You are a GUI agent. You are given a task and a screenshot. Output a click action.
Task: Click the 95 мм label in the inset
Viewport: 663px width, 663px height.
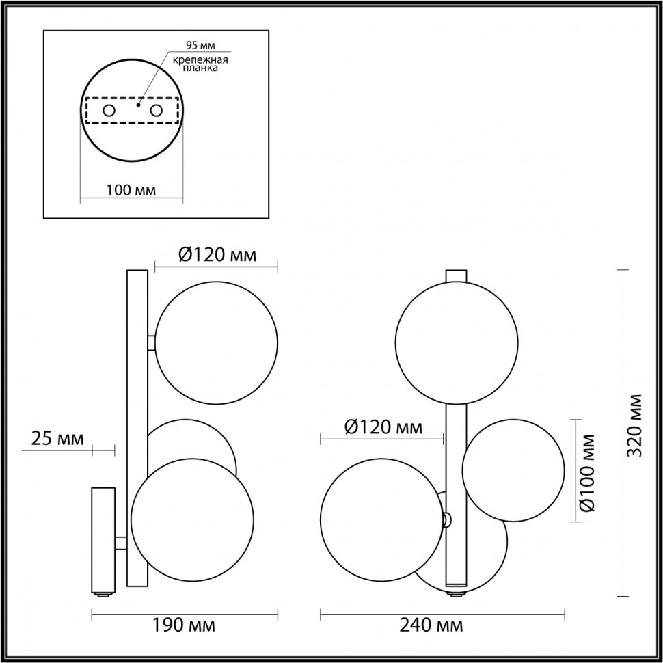coord(200,46)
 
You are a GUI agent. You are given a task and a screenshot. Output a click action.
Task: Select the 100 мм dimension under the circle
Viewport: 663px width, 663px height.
coord(131,190)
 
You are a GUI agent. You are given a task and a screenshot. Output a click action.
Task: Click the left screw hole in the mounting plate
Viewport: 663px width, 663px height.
coord(109,111)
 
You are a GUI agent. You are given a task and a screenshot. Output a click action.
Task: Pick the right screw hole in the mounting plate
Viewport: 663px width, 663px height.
coord(157,111)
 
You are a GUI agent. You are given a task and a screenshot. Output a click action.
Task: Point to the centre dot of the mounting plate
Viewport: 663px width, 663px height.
coord(139,105)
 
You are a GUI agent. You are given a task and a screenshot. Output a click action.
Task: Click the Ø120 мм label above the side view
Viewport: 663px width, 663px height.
coord(217,256)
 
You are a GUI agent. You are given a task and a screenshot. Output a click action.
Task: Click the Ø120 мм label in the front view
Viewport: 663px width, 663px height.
coord(383,428)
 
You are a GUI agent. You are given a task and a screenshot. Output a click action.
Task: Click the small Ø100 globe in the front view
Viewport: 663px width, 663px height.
coord(513,470)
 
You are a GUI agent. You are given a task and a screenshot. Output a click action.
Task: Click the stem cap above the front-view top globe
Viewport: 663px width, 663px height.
coord(456,276)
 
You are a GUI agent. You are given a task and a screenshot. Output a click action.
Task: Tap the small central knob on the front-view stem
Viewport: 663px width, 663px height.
coord(446,519)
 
